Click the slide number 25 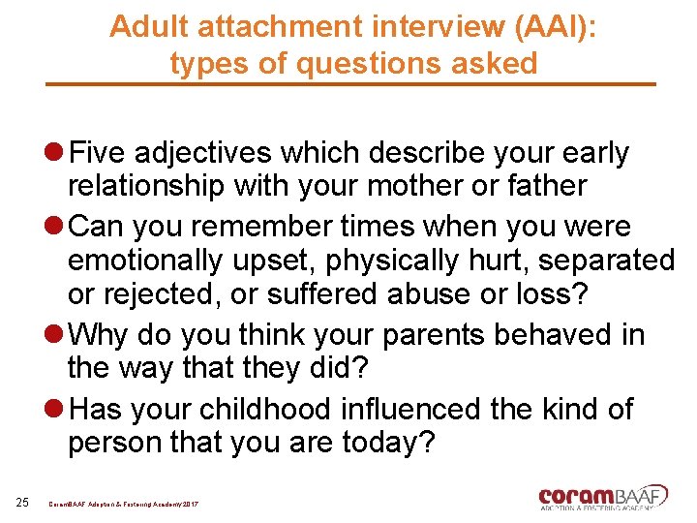point(22,501)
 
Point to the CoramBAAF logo point(603,497)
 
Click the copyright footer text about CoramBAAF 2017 point(123,504)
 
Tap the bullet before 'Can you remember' point(54,227)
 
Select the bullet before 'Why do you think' point(54,336)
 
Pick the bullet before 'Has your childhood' point(54,409)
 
